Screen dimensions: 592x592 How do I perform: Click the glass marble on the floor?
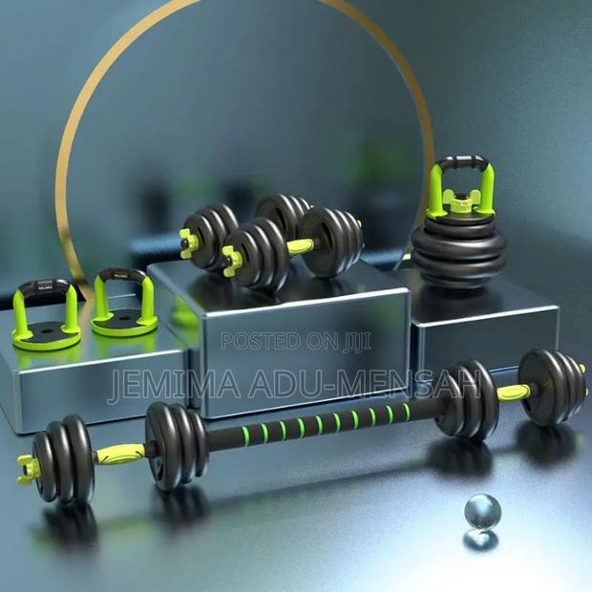[x=482, y=513]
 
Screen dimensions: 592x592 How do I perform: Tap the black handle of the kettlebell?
[x=462, y=161]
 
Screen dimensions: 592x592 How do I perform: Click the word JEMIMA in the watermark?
[x=174, y=385]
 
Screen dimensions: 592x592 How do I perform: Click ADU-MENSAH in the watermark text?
[x=365, y=385]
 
